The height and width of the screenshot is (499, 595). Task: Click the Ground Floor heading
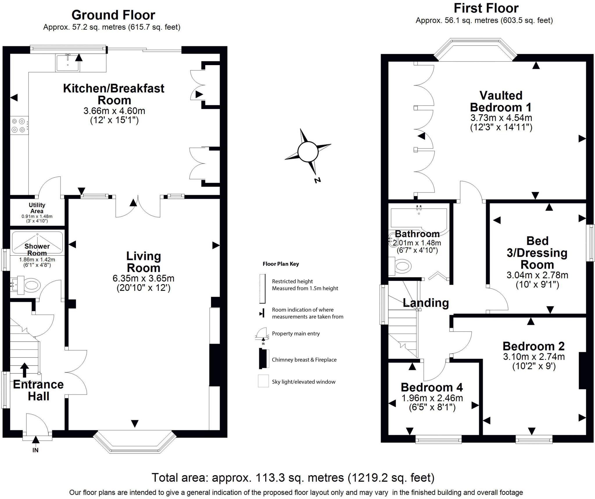pyautogui.click(x=113, y=15)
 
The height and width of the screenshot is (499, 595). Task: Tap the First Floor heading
pyautogui.click(x=486, y=8)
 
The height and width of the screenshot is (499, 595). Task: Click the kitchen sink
pyautogui.click(x=68, y=63)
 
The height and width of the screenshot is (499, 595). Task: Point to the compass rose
pyautogui.click(x=308, y=152)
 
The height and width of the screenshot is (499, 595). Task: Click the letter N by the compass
pyautogui.click(x=317, y=180)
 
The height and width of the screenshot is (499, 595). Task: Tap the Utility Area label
pyautogui.click(x=37, y=208)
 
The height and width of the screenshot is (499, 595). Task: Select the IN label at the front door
pyautogui.click(x=35, y=450)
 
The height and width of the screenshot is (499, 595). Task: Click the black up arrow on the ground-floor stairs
pyautogui.click(x=25, y=370)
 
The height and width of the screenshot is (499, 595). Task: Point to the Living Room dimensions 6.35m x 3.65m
pyautogui.click(x=144, y=278)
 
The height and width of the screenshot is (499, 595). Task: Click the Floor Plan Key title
pyautogui.click(x=281, y=264)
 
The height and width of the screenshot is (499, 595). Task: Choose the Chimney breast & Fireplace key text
pyautogui.click(x=304, y=360)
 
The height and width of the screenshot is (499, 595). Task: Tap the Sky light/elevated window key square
pyautogui.click(x=263, y=381)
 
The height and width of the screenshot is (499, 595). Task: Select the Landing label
pyautogui.click(x=426, y=303)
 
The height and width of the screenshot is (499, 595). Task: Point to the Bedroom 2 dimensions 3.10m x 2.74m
pyautogui.click(x=534, y=357)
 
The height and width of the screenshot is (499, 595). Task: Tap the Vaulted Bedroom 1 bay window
pyautogui.click(x=476, y=49)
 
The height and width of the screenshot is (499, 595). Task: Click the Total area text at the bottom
pyautogui.click(x=293, y=478)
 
